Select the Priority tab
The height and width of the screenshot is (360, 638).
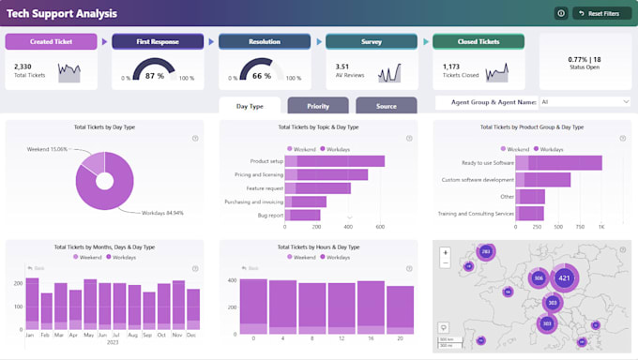tap(318, 106)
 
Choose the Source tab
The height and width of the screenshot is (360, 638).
tap(386, 106)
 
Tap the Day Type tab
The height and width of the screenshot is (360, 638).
tap(250, 106)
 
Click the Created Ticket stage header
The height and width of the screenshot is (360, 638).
tap(52, 41)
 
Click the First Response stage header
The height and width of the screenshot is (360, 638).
tap(159, 41)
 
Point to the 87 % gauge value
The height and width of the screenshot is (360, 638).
tap(156, 75)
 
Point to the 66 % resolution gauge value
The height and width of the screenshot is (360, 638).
tap(262, 75)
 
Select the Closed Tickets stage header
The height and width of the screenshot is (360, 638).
tap(478, 41)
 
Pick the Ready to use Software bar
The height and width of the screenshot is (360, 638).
tap(563, 162)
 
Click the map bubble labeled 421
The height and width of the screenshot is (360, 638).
tap(564, 277)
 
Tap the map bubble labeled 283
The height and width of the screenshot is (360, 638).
tap(485, 252)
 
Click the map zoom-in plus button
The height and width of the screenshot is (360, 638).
tap(445, 251)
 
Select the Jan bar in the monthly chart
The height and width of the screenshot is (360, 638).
tap(32, 301)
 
